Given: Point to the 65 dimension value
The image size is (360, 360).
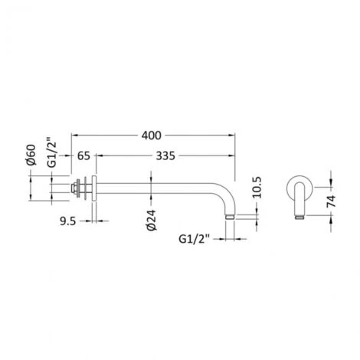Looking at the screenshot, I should click(x=83, y=155).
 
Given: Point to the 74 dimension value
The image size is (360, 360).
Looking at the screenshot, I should click(x=332, y=201).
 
